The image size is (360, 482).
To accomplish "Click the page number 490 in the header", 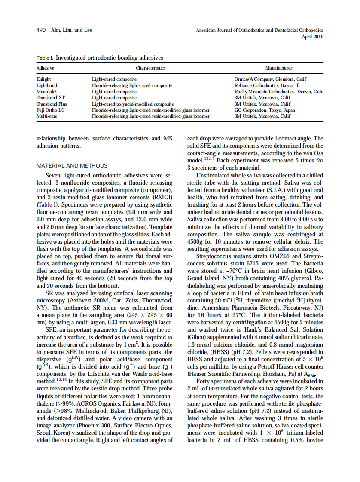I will [41, 30].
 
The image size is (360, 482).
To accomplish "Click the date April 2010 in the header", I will [313, 37].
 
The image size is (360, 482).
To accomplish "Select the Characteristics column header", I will [150, 68].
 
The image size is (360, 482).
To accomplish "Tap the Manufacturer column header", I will [278, 68].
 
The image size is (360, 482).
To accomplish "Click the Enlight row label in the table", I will [44, 79].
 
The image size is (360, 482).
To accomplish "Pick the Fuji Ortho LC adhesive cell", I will [50, 110].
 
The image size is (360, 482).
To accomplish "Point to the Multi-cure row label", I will [46, 116].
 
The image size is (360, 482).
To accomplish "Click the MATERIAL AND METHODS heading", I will [72, 165].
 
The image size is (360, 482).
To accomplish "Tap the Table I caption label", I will [45, 58].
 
